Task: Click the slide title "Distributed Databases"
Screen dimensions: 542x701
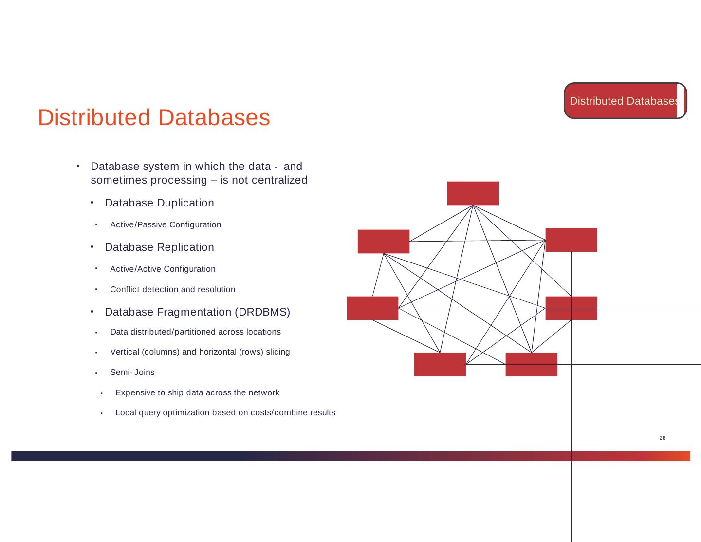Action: (x=154, y=118)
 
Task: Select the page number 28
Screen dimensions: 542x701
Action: (x=662, y=438)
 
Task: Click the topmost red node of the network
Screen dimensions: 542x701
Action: (x=473, y=193)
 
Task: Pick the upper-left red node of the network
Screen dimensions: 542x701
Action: (x=384, y=242)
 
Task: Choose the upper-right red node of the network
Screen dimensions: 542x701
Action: (x=571, y=240)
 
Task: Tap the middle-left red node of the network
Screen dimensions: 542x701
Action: (x=372, y=308)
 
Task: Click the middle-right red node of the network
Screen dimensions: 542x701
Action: (x=571, y=308)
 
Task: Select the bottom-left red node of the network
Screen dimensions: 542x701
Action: (x=440, y=364)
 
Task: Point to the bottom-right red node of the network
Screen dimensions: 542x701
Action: (x=531, y=364)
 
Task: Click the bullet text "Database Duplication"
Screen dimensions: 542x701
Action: (x=159, y=203)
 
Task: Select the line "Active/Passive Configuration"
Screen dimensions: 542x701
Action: (x=166, y=224)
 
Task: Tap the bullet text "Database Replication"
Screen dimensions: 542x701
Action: (x=159, y=247)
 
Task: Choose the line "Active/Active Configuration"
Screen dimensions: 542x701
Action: (x=163, y=269)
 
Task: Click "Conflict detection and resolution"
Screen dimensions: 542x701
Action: (x=173, y=289)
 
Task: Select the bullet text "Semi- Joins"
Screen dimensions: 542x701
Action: (x=132, y=372)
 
